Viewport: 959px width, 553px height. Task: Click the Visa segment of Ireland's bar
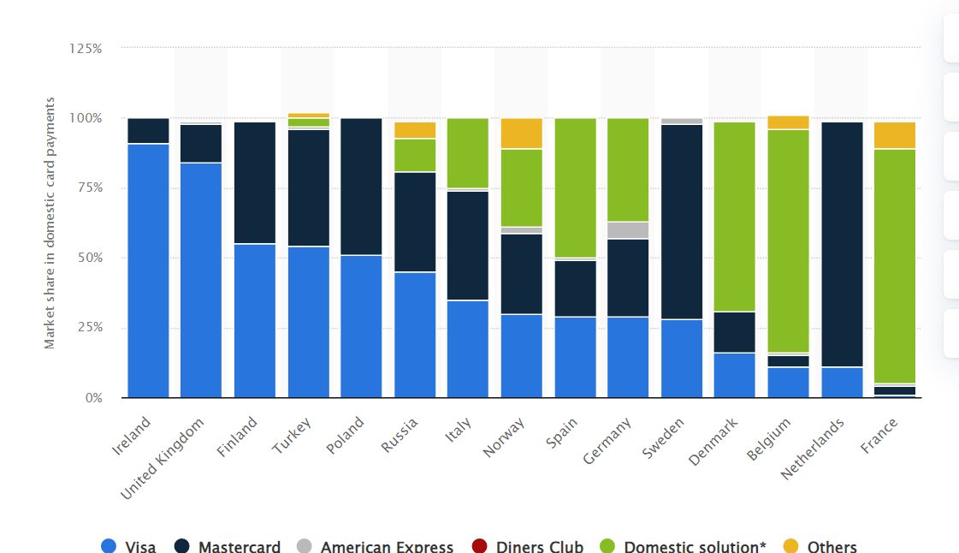(x=148, y=270)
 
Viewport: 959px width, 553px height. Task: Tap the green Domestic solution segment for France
(x=894, y=265)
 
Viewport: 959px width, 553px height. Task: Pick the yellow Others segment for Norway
(x=521, y=134)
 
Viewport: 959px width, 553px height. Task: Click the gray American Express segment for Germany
(x=627, y=229)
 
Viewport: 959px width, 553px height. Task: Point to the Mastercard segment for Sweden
(x=682, y=222)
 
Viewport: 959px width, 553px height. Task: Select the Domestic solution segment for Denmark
(x=735, y=217)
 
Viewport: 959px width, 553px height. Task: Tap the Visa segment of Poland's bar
(x=361, y=325)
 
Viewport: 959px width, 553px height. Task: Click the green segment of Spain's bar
(x=575, y=187)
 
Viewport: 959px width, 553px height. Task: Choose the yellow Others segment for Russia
(x=415, y=130)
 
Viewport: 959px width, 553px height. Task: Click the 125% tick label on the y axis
(x=86, y=49)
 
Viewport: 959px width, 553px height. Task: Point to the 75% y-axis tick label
(x=89, y=187)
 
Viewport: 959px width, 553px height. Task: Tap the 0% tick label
(x=93, y=398)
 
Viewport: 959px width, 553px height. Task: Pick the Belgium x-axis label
(x=768, y=438)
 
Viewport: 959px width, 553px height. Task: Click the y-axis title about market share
(x=50, y=223)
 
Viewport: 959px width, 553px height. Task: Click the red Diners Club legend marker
(x=479, y=546)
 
